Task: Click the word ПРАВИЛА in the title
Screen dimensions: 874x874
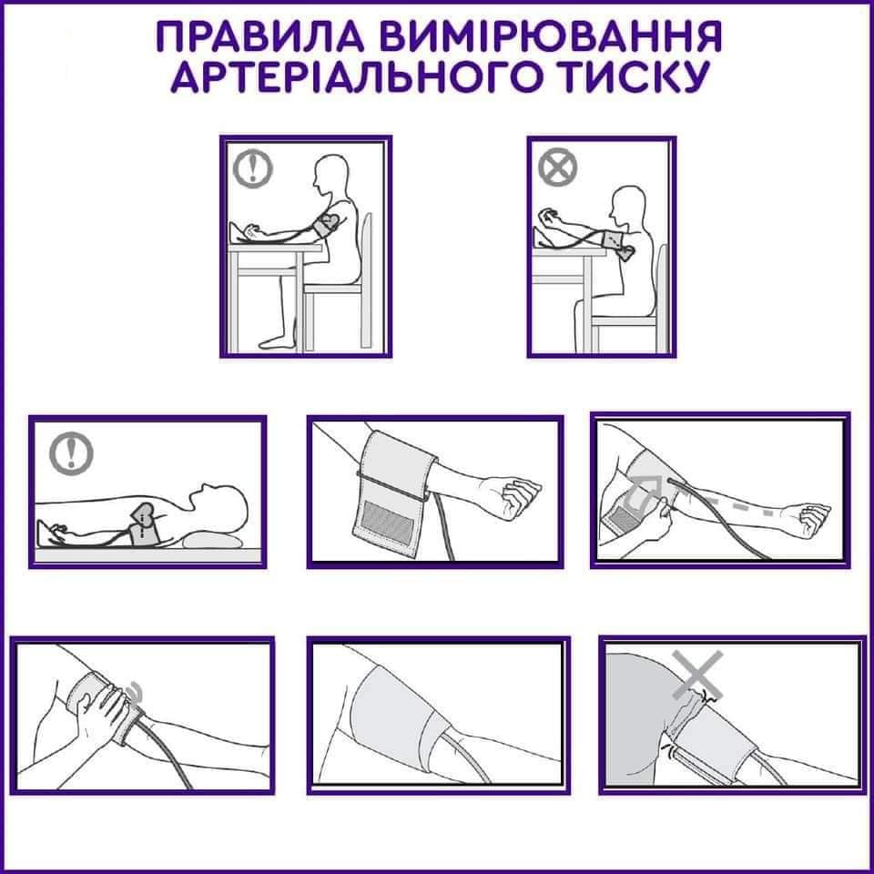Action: pyautogui.click(x=260, y=37)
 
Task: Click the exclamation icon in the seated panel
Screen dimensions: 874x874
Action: pyautogui.click(x=252, y=168)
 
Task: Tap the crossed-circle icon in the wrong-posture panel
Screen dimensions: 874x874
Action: pyautogui.click(x=557, y=168)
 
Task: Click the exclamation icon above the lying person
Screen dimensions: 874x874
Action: pyautogui.click(x=71, y=454)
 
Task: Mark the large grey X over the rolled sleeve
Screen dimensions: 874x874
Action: pyautogui.click(x=697, y=675)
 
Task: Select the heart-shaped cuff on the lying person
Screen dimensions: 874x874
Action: pyautogui.click(x=145, y=524)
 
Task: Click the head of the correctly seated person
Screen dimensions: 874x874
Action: pyautogui.click(x=331, y=174)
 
